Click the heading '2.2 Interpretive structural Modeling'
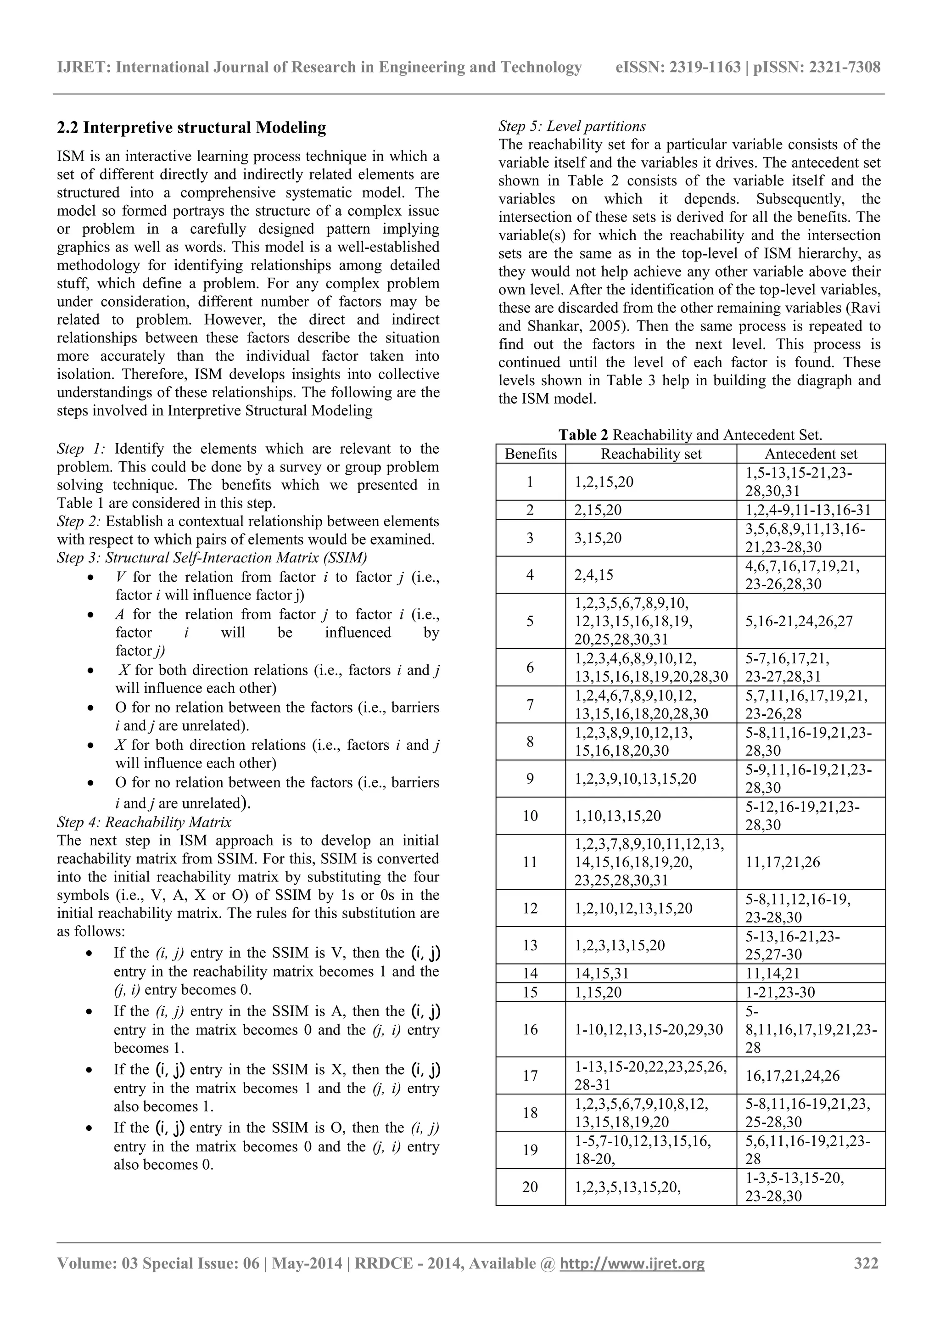[x=191, y=128]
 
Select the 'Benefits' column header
[x=531, y=454]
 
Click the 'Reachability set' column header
[x=651, y=454]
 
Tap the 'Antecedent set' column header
[x=811, y=454]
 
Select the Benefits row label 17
[x=530, y=1076]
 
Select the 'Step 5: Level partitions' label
[x=571, y=126]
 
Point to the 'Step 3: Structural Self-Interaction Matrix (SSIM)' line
[x=212, y=558]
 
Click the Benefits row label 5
[x=530, y=622]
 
